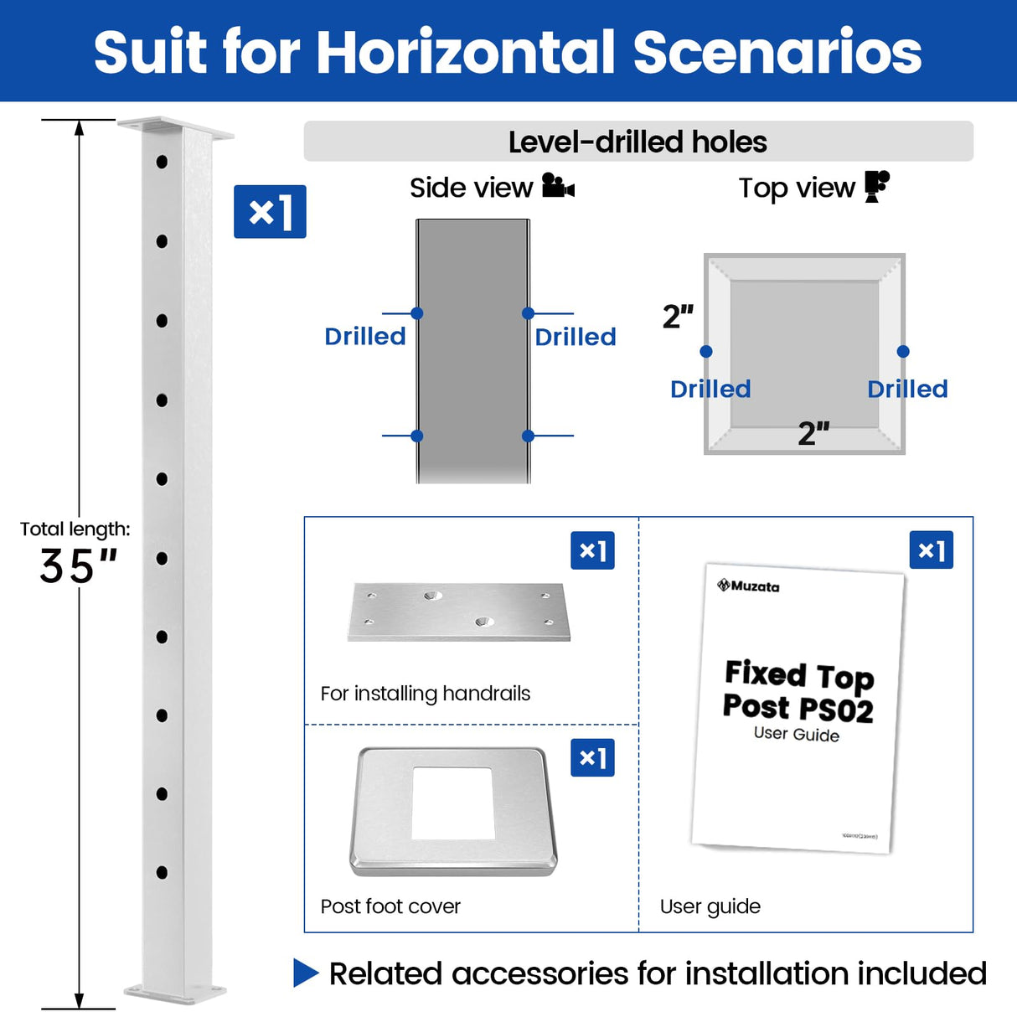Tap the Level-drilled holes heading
638,142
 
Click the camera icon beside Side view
558,186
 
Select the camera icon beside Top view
876,186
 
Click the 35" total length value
78,566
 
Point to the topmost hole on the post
162,162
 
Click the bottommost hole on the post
162,872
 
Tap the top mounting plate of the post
176,128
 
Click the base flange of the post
176,993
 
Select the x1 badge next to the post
270,212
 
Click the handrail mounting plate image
459,612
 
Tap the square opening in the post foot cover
452,803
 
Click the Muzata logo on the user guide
748,586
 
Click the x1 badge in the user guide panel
931,550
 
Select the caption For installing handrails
426,694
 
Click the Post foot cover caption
390,906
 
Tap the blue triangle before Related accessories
306,973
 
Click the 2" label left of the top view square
678,317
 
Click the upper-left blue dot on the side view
417,313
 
